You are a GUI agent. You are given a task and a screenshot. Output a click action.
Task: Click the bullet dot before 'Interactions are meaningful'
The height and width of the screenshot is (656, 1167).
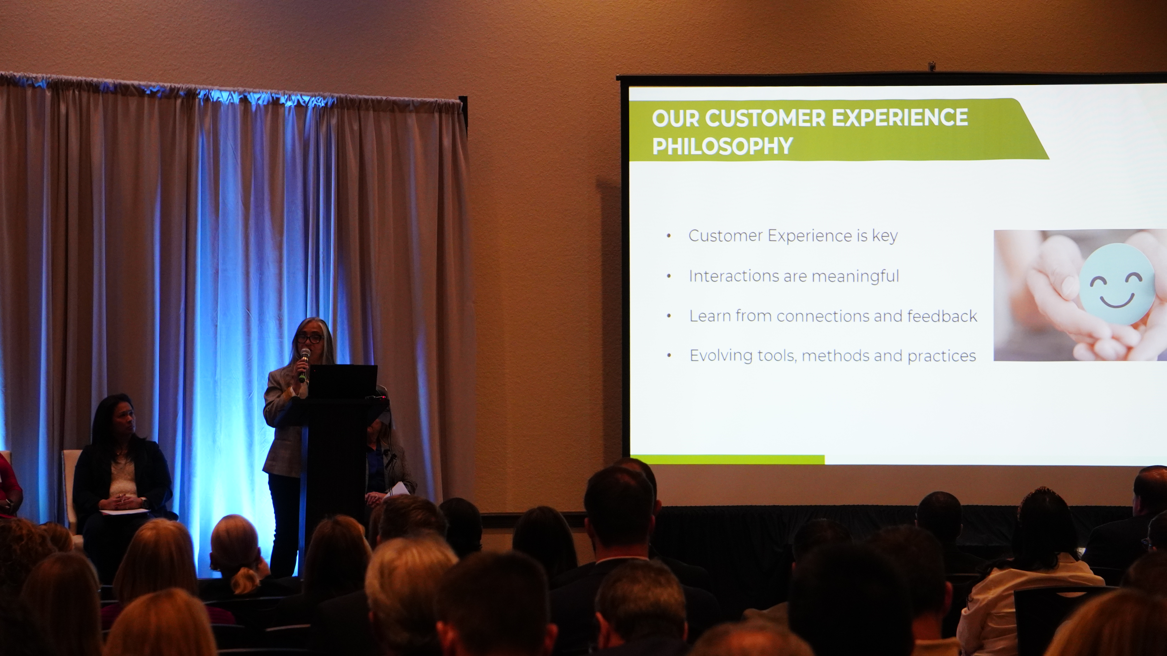(669, 276)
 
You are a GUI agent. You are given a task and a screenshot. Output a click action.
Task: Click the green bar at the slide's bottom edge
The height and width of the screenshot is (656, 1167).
(727, 459)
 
